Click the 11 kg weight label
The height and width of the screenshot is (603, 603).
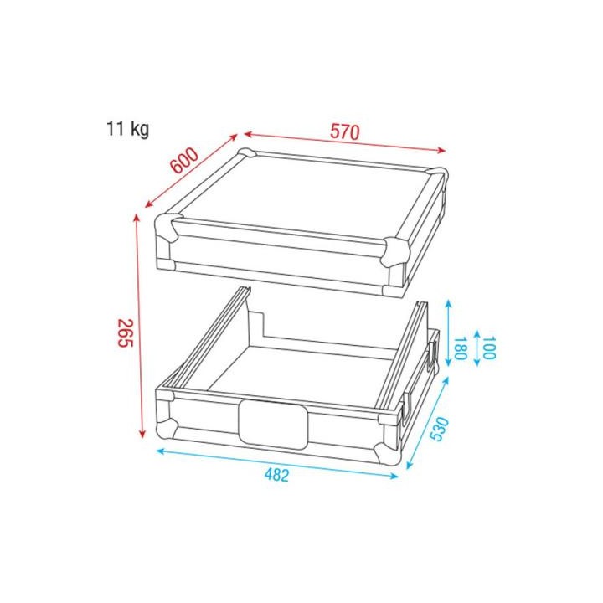click(x=127, y=130)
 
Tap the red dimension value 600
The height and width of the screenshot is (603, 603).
click(x=184, y=160)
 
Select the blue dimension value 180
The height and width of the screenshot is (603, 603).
click(x=458, y=347)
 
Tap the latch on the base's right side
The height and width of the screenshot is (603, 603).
click(x=433, y=353)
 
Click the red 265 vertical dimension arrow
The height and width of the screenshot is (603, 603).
click(x=141, y=326)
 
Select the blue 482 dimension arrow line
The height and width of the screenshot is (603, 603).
click(x=276, y=463)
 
